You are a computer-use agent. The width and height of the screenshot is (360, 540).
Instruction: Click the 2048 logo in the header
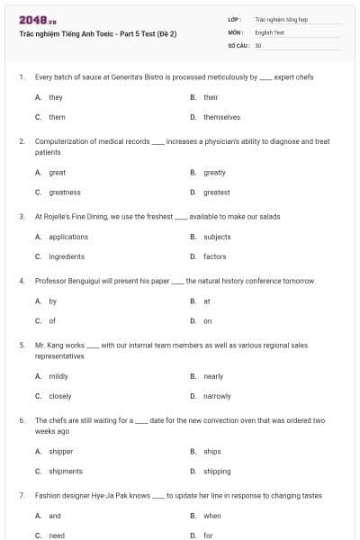pos(31,19)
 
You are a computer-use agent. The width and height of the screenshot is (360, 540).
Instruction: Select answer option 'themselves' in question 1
pos(221,117)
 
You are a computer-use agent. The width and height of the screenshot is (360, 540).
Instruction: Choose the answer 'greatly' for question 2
pos(214,172)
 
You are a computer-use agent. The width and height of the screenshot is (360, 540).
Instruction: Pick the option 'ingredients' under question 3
pos(67,256)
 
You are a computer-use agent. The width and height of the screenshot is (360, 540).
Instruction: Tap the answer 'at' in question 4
pos(207,301)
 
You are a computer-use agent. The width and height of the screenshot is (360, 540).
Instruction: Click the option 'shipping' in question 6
pos(217,471)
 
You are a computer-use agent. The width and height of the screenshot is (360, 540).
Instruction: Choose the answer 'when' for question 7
pos(212,516)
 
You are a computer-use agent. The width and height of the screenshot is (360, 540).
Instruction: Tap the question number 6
pos(21,420)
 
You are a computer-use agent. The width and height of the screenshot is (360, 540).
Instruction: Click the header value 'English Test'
pos(270,31)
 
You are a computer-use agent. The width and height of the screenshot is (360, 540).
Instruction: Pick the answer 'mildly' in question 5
pos(58,376)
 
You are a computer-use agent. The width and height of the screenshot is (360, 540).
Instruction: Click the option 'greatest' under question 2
pos(216,192)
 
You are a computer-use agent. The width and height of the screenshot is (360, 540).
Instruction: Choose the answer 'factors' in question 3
pos(214,256)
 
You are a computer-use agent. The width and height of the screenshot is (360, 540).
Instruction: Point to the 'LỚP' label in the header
pos(235,18)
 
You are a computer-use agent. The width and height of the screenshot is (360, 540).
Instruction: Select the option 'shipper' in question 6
pos(60,451)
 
